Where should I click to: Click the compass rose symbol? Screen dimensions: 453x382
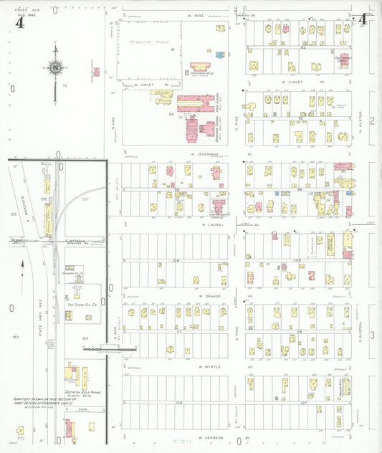tap(55, 68)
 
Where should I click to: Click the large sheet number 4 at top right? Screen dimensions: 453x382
tap(364, 19)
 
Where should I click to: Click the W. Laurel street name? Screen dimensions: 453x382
tap(213, 224)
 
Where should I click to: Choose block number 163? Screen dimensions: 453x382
tap(14, 336)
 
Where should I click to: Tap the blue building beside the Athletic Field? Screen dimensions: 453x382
tap(219, 54)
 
